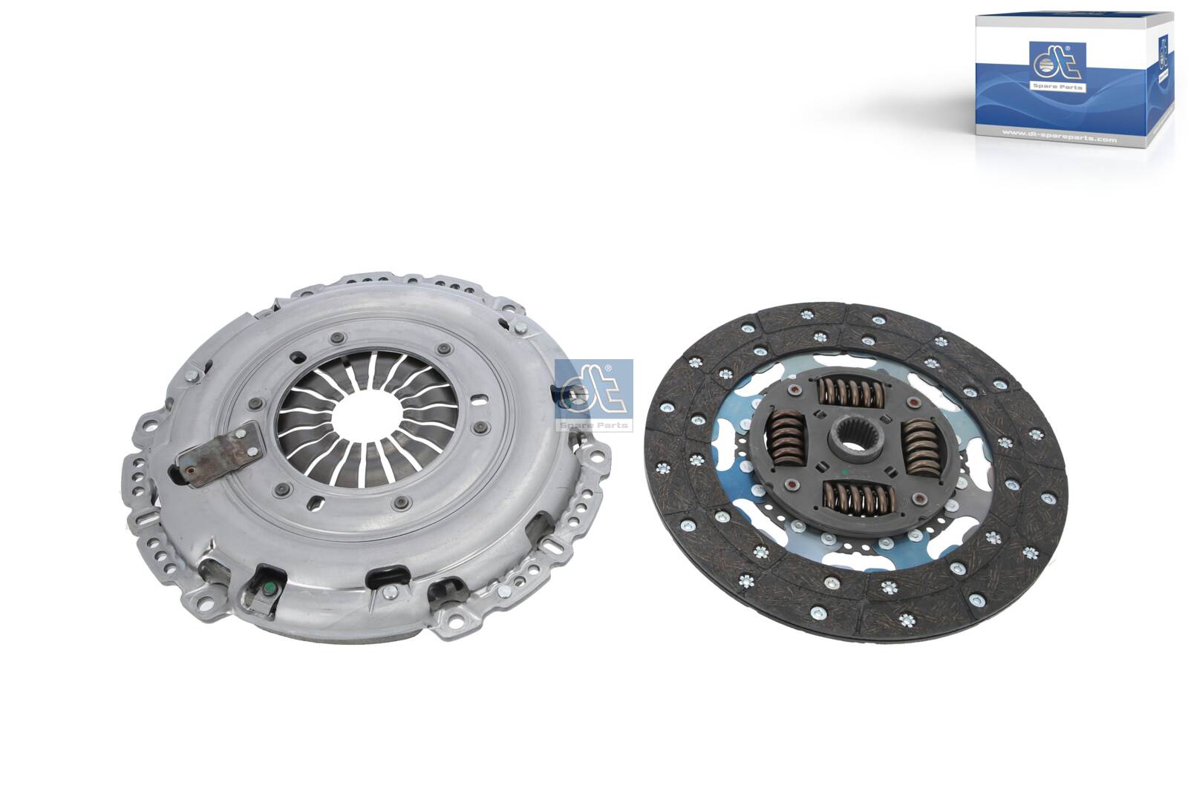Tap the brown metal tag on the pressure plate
221,455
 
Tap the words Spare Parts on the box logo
1058,87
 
